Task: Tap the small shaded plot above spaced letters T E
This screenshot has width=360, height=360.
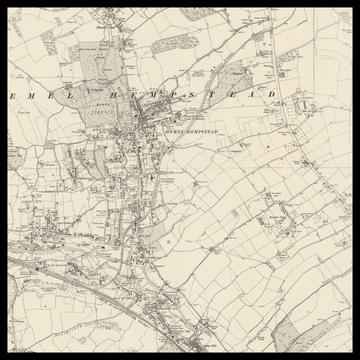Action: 236,76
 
